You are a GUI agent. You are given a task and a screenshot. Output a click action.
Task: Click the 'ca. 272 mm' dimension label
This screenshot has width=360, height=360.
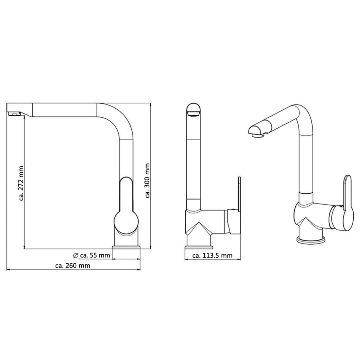tap(21, 183)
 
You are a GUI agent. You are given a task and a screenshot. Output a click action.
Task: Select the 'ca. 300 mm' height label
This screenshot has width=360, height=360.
tap(148, 180)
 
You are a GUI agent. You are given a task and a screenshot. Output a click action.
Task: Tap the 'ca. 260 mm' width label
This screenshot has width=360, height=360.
tap(73, 266)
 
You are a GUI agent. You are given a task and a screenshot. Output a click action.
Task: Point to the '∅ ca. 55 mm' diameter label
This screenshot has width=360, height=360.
tap(91, 255)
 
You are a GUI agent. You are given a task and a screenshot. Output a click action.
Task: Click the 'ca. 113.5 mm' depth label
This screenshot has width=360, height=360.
tap(212, 256)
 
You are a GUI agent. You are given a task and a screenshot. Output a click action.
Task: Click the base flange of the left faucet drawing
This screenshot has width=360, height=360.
tap(126, 248)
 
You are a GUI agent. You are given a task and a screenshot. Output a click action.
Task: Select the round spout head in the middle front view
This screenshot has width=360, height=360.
tap(193, 109)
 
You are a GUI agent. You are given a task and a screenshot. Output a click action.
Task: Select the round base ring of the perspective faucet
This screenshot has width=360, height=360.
tap(310, 240)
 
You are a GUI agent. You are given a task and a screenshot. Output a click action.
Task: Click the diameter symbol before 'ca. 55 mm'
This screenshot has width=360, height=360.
tap(75, 255)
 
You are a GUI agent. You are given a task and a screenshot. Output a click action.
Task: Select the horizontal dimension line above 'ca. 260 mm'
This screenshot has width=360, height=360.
tap(73, 270)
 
